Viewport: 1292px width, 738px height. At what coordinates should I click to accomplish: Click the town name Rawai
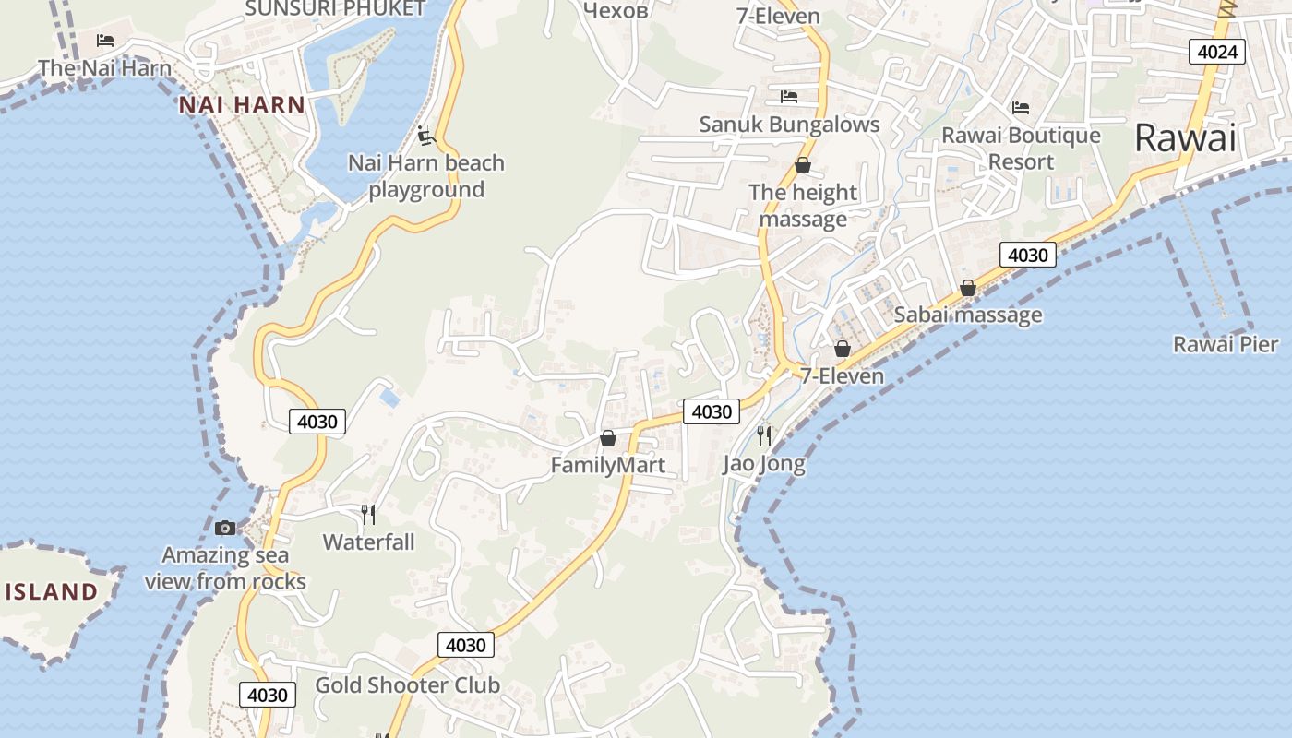(x=1184, y=138)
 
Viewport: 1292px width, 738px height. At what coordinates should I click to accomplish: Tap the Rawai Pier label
(x=1225, y=345)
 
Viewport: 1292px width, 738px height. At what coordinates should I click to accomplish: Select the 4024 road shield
(x=1216, y=52)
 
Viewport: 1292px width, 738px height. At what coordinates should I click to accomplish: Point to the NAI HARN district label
(x=242, y=105)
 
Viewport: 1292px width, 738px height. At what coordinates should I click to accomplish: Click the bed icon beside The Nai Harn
(x=105, y=40)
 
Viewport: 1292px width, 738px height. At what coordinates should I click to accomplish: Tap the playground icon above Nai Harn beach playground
(x=425, y=136)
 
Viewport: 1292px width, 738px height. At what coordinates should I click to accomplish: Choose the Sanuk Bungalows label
(x=789, y=125)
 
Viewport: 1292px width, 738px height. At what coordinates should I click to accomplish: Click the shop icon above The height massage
(x=803, y=166)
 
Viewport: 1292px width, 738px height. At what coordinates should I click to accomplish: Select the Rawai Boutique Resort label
(x=1021, y=149)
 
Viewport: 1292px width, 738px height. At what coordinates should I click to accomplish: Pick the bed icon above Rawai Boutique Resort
(x=1020, y=108)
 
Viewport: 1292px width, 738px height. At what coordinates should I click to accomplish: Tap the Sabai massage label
(x=968, y=315)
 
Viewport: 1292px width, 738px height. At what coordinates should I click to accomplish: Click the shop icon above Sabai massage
(x=967, y=288)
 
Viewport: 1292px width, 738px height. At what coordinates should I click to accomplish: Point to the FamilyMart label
(x=607, y=465)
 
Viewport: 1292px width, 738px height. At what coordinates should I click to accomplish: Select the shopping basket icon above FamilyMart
(x=607, y=437)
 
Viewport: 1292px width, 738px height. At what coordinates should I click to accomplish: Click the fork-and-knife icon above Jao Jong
(x=763, y=435)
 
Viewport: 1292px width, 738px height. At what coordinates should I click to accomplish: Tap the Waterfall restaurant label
(x=368, y=542)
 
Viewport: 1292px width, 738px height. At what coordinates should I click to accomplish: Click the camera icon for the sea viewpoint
(x=224, y=528)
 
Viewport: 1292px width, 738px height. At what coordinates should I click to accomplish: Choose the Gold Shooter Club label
(x=407, y=685)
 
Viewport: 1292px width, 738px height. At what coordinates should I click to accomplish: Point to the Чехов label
(x=616, y=10)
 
